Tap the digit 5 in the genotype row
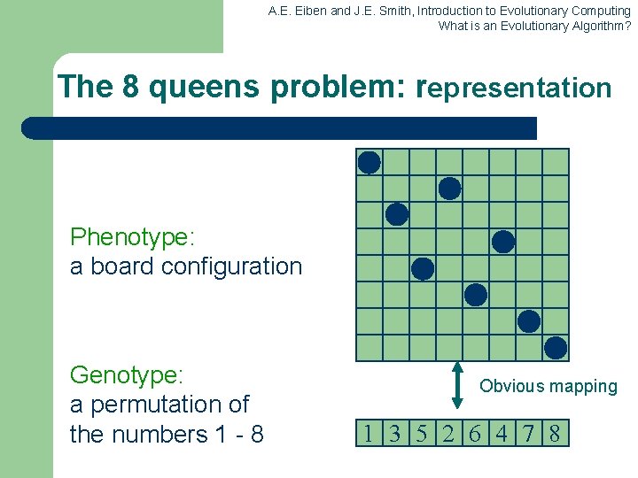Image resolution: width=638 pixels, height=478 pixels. (422, 434)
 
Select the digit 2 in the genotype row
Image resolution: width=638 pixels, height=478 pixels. (448, 434)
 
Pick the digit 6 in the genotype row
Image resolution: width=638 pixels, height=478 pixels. (475, 434)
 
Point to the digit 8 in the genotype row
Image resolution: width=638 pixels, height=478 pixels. (555, 434)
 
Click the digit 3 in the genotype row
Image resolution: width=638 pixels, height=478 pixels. (395, 434)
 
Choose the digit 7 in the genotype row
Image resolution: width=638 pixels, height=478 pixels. (528, 434)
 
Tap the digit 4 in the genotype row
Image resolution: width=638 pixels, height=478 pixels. (502, 434)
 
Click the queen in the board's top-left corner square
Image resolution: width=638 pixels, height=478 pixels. (370, 162)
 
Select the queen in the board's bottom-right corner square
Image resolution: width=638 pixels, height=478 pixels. (556, 348)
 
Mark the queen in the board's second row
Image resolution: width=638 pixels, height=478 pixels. (450, 189)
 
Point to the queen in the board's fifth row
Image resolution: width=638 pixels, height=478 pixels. (424, 268)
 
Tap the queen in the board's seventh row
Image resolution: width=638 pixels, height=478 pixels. (529, 321)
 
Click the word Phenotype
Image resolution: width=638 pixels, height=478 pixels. (131, 237)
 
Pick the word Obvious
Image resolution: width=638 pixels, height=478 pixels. (513, 386)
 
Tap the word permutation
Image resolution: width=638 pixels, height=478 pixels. (156, 405)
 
